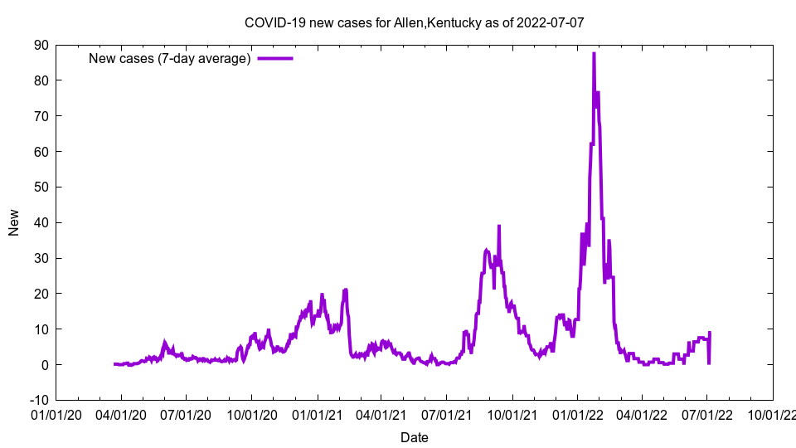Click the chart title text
point(414,22)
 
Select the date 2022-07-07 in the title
point(550,22)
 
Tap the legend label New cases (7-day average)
point(169,58)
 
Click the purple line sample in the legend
point(275,58)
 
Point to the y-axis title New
point(14,222)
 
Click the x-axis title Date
point(415,437)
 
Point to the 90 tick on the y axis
point(41,45)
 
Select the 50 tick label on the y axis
point(41,187)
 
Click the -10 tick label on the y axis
point(38,400)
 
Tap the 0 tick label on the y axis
point(44,364)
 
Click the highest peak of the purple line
point(594,53)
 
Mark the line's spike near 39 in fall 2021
point(499,226)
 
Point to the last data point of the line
point(710,333)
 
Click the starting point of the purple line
point(114,364)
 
